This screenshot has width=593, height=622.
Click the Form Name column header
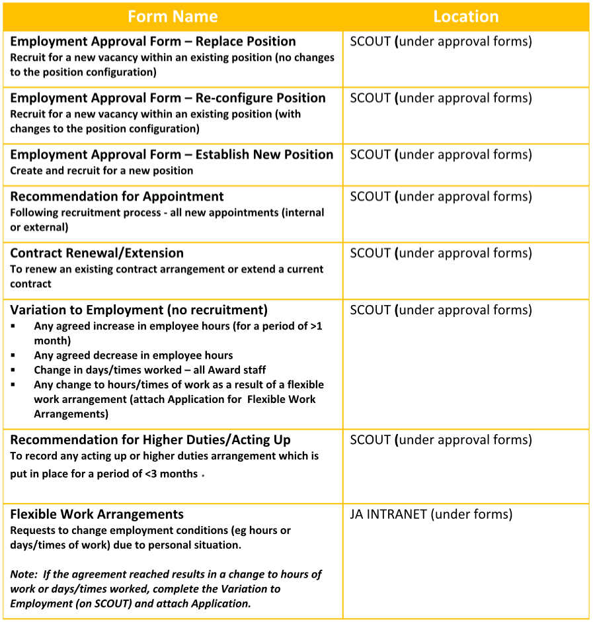point(173,17)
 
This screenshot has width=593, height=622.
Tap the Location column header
point(465,17)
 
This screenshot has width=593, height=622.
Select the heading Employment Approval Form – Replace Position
point(153,41)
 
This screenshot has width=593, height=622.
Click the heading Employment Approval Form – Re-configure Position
point(168,98)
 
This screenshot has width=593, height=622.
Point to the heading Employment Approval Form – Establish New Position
point(172,154)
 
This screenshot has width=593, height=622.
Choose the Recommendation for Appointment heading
point(117,197)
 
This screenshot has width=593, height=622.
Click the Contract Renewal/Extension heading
point(97,253)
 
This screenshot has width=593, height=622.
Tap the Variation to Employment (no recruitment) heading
point(139,310)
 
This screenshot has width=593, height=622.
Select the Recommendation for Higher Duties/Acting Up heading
point(150,440)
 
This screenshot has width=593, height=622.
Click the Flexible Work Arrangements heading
point(97,514)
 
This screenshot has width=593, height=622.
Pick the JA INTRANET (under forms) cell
point(431,514)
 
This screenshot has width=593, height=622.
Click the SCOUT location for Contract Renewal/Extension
point(441,253)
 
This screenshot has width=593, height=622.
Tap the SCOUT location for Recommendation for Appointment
point(441,197)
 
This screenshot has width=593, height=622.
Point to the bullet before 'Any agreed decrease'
point(13,355)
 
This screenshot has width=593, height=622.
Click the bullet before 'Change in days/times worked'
point(13,370)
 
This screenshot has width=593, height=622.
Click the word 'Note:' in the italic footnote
point(24,574)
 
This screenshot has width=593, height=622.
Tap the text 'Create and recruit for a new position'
point(102,171)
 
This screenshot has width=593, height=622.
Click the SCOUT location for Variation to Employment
point(441,310)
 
